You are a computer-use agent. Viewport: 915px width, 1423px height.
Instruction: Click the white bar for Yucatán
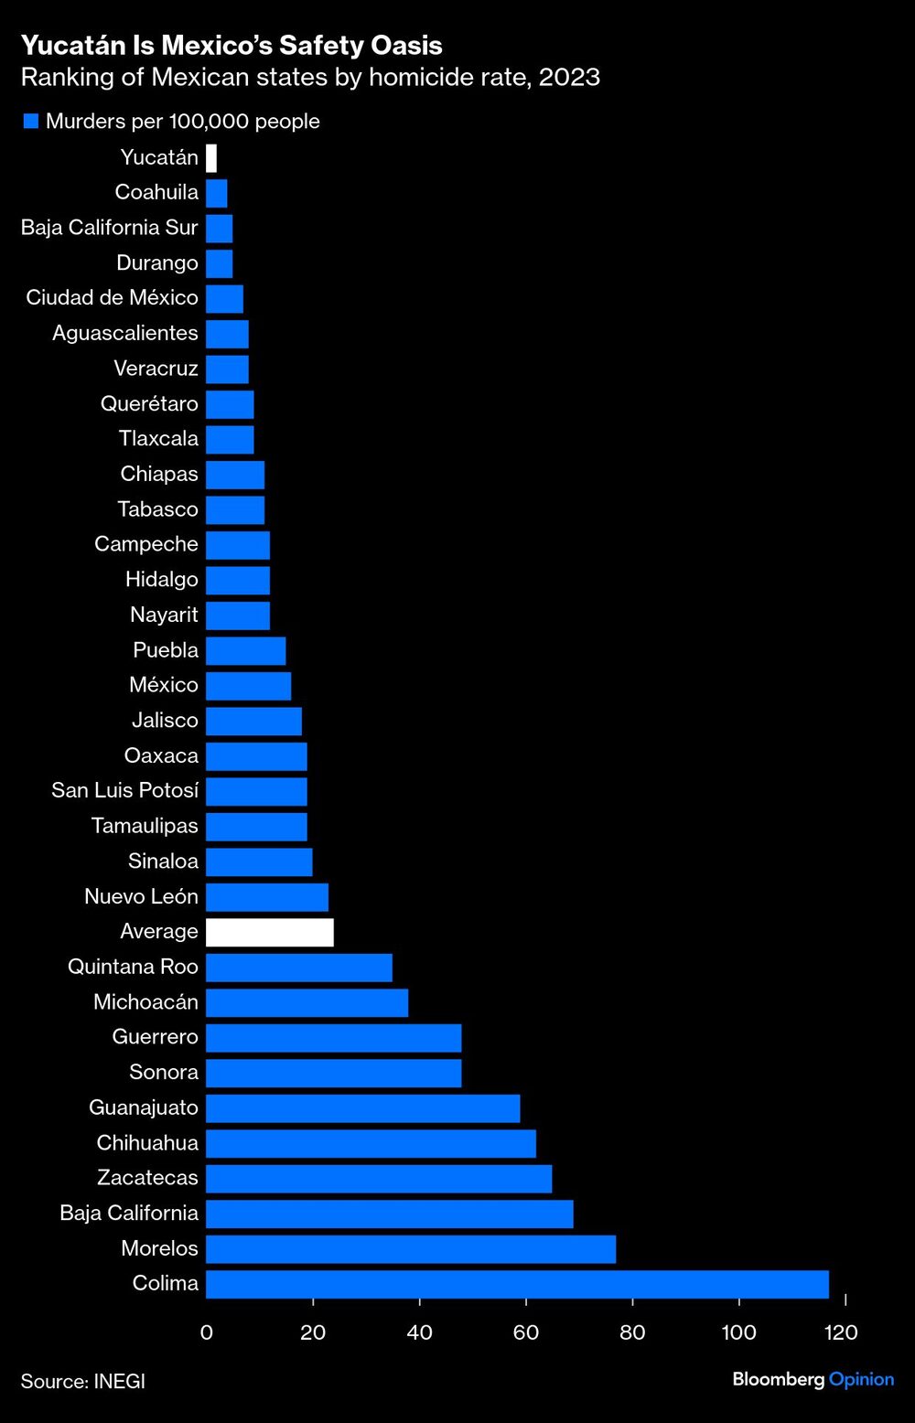211,158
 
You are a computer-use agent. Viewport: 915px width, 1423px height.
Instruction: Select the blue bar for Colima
517,1284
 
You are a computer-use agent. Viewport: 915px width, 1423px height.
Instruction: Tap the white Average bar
270,932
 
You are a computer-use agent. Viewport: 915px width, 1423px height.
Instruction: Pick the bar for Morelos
411,1248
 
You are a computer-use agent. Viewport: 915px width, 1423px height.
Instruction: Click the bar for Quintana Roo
299,968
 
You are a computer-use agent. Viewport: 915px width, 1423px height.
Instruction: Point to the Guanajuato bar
363,1108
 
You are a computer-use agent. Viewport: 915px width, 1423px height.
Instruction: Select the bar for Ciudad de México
225,299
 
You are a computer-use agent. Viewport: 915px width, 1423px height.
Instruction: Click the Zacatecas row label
147,1178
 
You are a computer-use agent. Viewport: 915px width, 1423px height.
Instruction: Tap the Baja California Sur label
109,228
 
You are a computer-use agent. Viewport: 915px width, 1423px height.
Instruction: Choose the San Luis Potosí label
124,791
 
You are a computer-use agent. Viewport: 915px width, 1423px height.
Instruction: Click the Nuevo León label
141,896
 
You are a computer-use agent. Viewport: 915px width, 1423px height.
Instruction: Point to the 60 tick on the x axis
526,1332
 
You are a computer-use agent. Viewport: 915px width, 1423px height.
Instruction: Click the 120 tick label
841,1332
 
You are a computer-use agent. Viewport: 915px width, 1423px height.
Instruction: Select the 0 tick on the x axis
207,1332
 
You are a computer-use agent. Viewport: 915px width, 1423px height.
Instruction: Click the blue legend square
31,122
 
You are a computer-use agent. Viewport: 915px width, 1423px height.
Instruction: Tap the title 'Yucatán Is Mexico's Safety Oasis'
231,45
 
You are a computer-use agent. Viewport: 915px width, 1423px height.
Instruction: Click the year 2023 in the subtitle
569,77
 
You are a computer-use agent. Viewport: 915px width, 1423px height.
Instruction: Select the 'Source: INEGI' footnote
83,1381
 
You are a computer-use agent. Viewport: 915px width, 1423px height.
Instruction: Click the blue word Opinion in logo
861,1379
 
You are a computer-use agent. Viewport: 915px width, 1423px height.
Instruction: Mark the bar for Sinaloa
259,861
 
